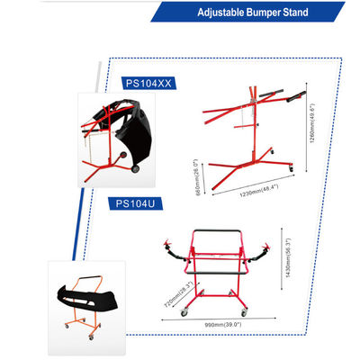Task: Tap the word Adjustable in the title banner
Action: tap(221, 13)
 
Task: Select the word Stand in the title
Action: tap(295, 13)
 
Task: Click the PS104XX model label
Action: tap(148, 83)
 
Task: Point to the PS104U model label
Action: tap(135, 203)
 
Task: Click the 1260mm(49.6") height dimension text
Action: tap(312, 123)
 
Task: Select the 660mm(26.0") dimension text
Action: tap(197, 177)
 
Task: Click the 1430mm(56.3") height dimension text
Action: tap(288, 257)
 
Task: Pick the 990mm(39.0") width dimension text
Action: tap(223, 325)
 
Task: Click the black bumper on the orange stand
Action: tap(87, 298)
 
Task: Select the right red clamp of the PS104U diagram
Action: tap(266, 247)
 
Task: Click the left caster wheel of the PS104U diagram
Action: tap(184, 313)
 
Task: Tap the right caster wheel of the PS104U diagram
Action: tap(244, 312)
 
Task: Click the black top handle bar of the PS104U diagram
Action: tap(217, 231)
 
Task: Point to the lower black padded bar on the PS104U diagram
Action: tap(216, 273)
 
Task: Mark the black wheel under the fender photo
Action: tap(136, 168)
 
